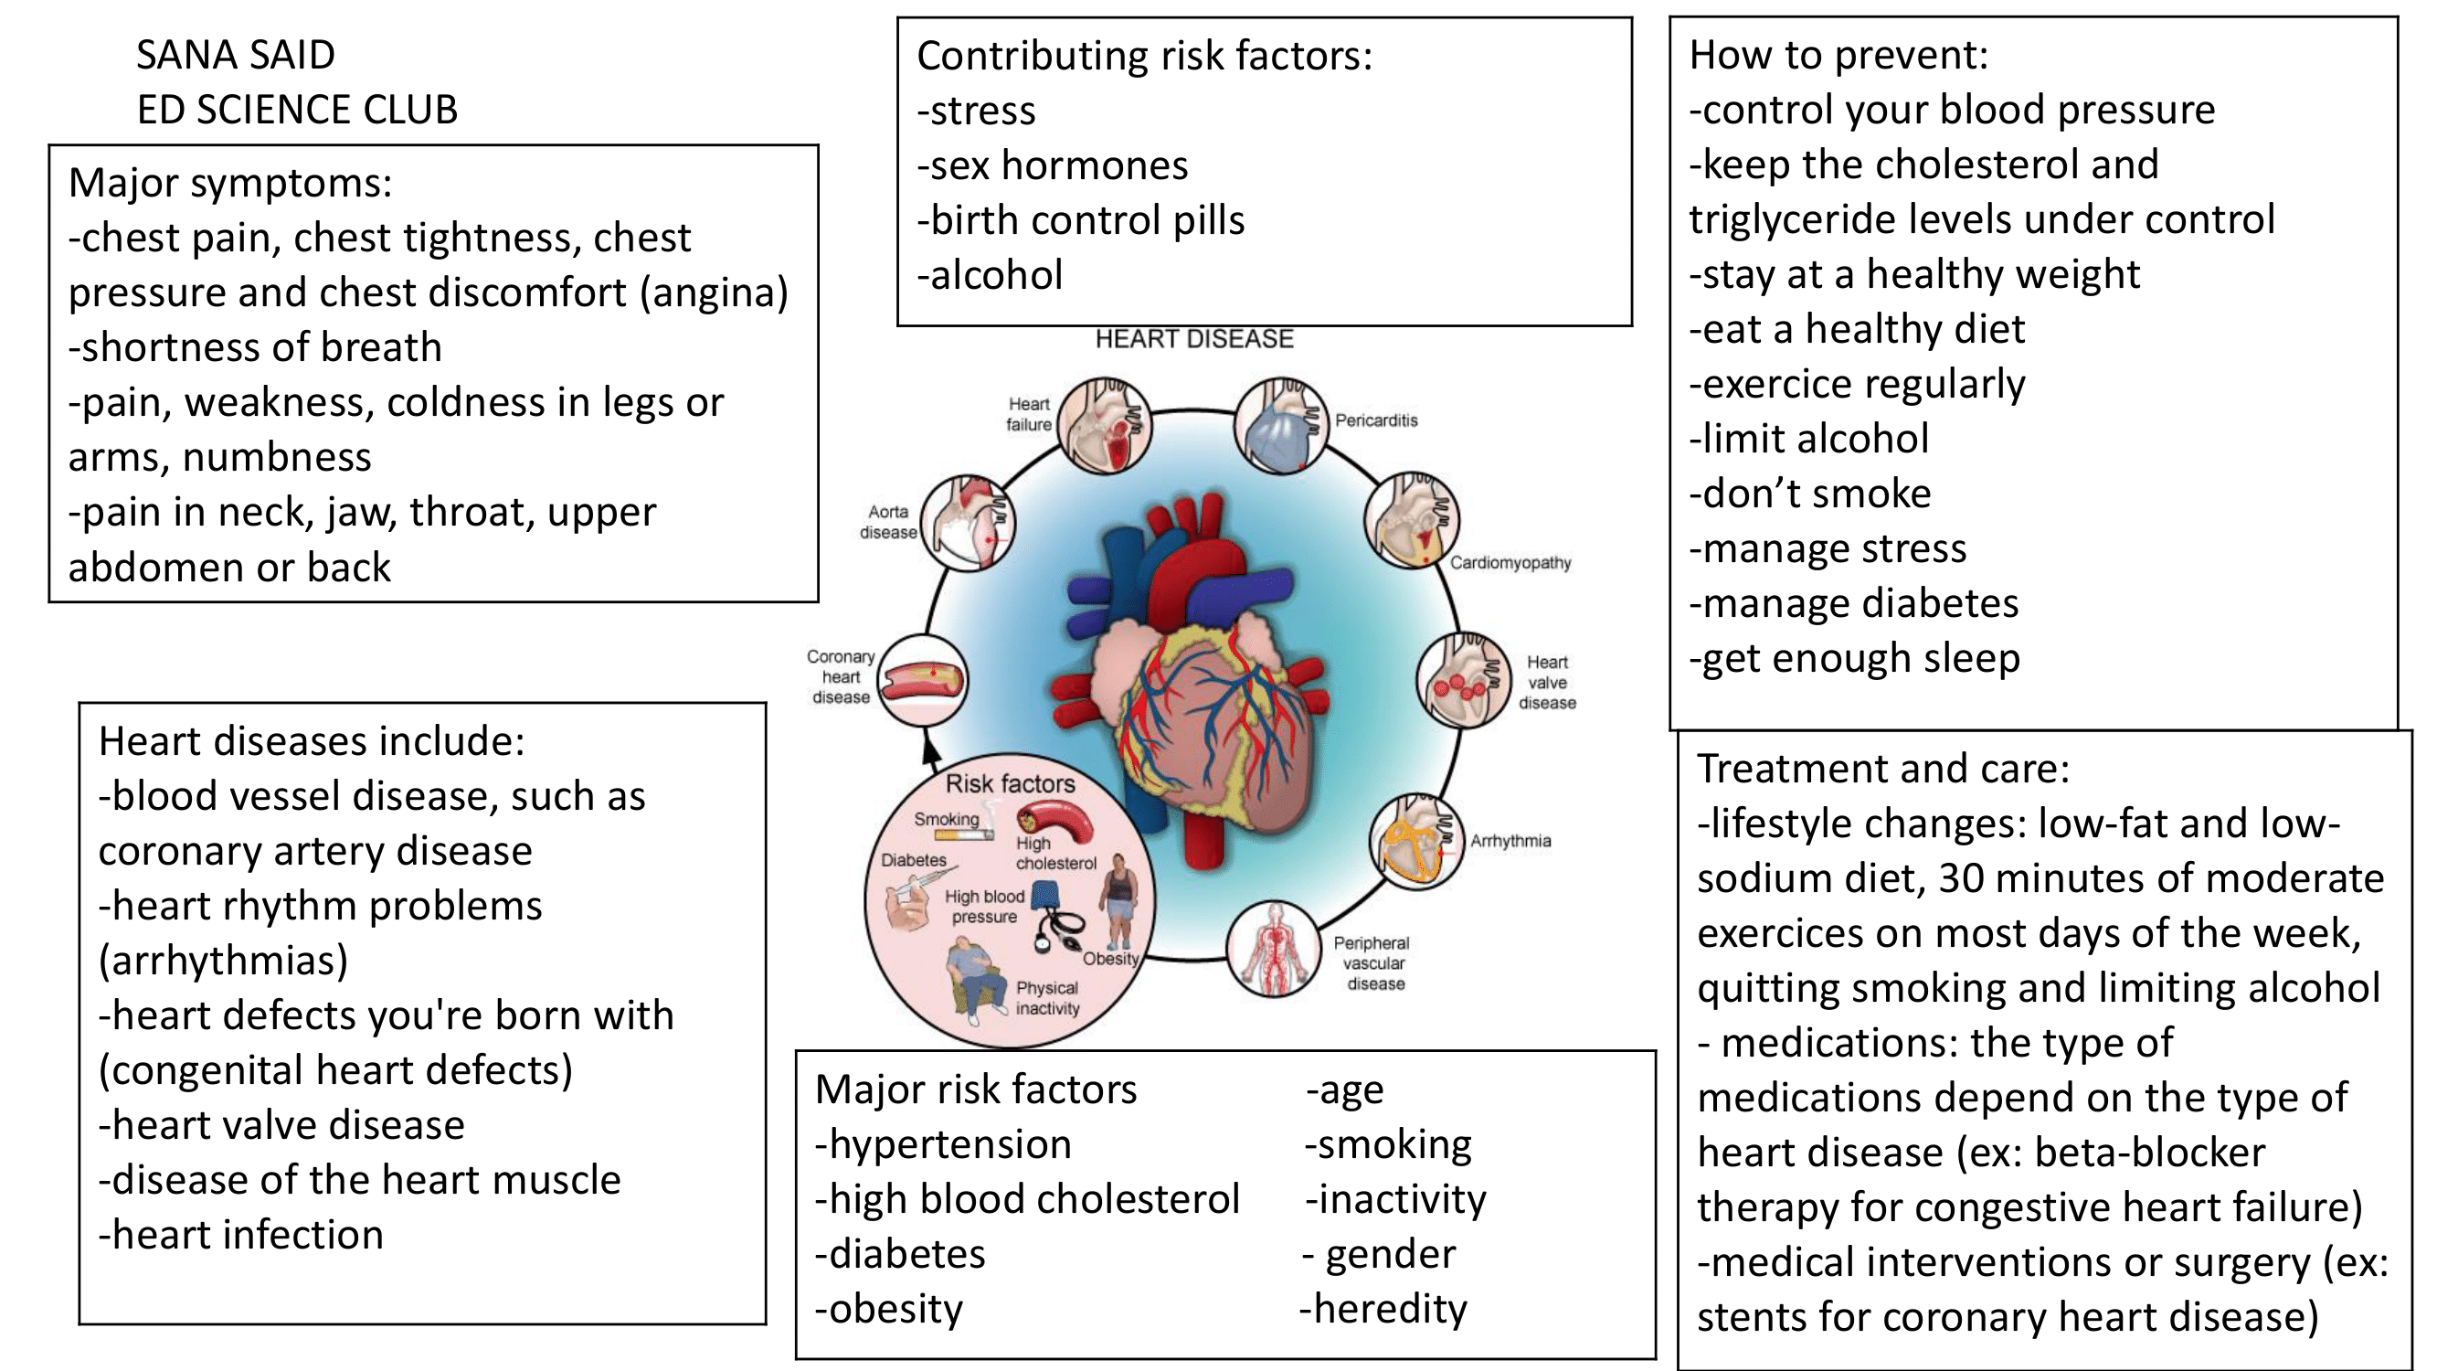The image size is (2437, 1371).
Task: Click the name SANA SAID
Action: [x=236, y=56]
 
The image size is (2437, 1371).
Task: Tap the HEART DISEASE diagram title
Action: [x=1194, y=339]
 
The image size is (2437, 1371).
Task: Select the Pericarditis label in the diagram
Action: [x=1375, y=421]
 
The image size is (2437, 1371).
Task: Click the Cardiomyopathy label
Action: [x=1510, y=563]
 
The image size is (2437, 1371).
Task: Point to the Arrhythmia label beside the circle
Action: [x=1510, y=841]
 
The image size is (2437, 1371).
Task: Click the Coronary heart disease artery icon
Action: [x=922, y=679]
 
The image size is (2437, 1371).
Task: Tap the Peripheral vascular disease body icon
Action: [x=1273, y=949]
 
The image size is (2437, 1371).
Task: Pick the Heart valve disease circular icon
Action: [x=1463, y=679]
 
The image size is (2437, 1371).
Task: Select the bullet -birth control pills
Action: [x=1080, y=221]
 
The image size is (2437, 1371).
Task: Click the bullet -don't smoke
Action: [x=1810, y=494]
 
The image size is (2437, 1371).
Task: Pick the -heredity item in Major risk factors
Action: [x=1383, y=1310]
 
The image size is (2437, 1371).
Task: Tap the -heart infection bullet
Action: [x=241, y=1236]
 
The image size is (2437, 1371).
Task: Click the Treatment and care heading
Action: [x=1882, y=769]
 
